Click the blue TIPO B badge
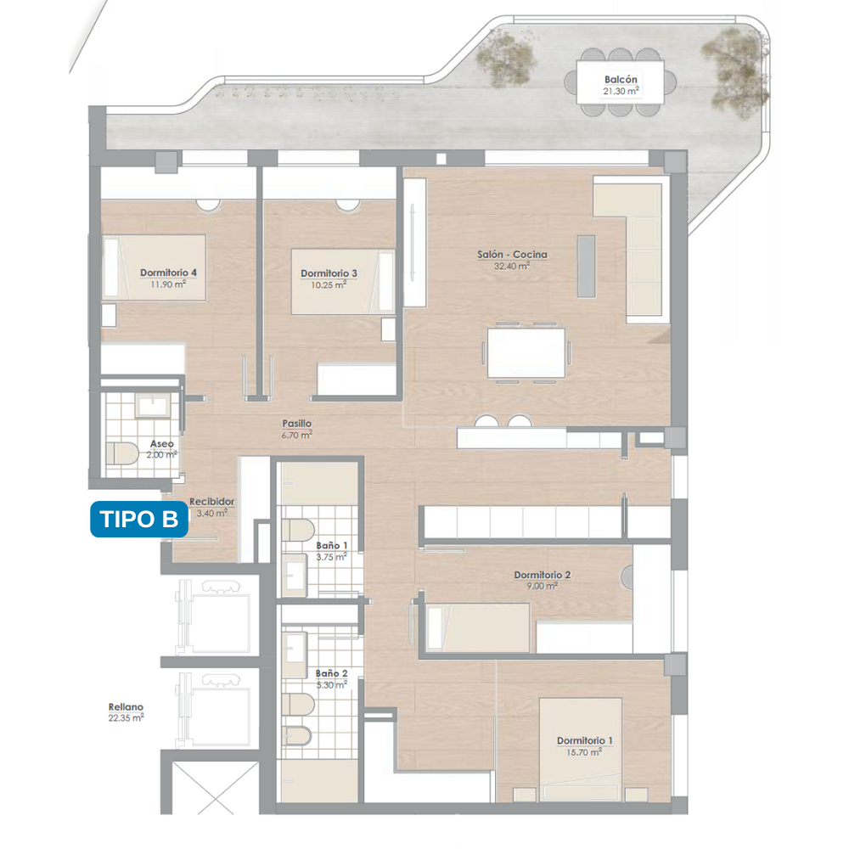[x=139, y=520]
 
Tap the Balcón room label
[x=621, y=80]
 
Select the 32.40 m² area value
[x=512, y=266]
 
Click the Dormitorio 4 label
[x=168, y=273]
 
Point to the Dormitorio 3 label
[x=329, y=273]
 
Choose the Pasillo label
[x=296, y=424]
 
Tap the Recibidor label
[x=211, y=502]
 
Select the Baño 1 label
[x=331, y=545]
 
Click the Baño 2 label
[x=331, y=673]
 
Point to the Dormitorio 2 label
[x=542, y=575]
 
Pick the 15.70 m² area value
[x=584, y=752]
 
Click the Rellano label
[x=126, y=706]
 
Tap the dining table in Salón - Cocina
[x=526, y=352]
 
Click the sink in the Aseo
[x=153, y=405]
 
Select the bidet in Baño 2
[x=297, y=737]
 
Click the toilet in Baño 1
[x=298, y=530]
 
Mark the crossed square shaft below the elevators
[x=215, y=789]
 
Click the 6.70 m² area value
[x=296, y=435]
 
